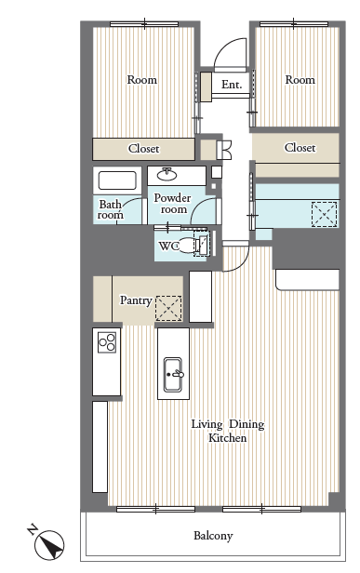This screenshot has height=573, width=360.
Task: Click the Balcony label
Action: [213, 536]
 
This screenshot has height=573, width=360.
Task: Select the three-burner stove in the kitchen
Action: [107, 342]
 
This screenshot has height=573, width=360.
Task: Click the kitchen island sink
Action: [173, 374]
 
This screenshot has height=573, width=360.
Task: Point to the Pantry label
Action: [136, 300]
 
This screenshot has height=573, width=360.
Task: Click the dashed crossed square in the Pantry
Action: [168, 308]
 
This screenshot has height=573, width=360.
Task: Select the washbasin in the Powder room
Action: [167, 175]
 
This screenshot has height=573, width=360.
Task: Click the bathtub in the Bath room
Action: [117, 180]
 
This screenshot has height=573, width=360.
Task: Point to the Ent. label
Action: [232, 85]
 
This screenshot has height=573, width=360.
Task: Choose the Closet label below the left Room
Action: [143, 149]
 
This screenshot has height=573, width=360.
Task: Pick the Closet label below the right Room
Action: [300, 148]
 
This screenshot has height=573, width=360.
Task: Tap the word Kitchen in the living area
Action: [227, 437]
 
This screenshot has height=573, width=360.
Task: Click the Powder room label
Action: [173, 204]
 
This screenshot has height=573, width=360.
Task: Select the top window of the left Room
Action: [144, 24]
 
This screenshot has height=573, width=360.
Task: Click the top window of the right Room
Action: [294, 24]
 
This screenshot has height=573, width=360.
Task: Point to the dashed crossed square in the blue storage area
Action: [324, 214]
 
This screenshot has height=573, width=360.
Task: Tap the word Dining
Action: [247, 424]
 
